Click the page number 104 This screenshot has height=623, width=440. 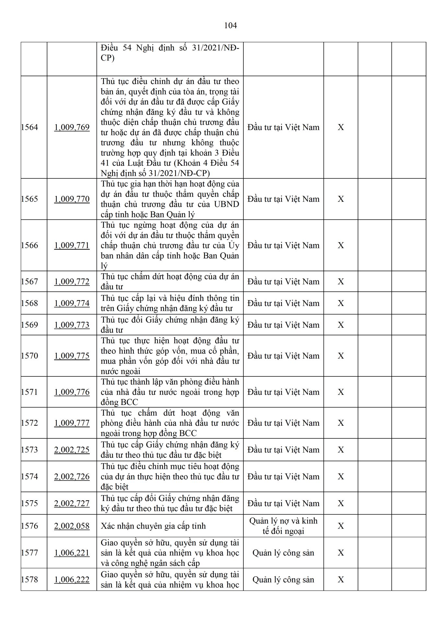click(230, 25)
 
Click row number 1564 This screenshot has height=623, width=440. click(29, 127)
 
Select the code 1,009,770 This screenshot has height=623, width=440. click(72, 199)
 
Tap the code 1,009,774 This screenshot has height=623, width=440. click(72, 303)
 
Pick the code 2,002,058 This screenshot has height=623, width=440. click(72, 526)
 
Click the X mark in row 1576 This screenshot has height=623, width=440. click(341, 526)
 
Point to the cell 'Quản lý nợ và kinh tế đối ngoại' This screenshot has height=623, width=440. click(283, 526)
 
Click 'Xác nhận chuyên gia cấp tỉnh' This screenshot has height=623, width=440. click(153, 526)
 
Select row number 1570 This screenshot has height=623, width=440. click(29, 356)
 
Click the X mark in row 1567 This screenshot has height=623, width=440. click(341, 281)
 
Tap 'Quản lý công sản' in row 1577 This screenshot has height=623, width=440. click(283, 553)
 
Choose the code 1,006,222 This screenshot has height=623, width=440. click(72, 580)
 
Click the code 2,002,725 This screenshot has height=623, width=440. click(72, 450)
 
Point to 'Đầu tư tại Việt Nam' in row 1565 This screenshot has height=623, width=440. click(283, 199)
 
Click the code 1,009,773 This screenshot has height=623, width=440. click(72, 325)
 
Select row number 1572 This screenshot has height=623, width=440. click(29, 423)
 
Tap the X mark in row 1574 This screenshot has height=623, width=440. click(341, 476)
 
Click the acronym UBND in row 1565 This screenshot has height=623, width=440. click(226, 204)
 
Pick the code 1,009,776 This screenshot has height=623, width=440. click(72, 392)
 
